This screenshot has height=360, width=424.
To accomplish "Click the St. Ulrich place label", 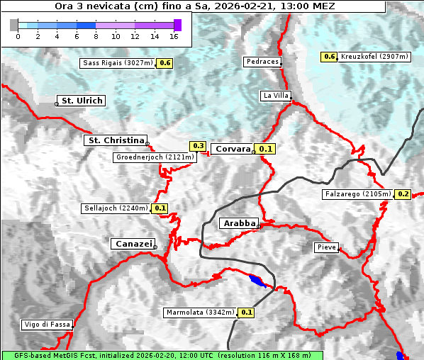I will coord(82,101).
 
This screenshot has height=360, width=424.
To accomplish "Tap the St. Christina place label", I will coord(116,140).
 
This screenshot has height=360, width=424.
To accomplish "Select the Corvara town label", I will coord(233,149).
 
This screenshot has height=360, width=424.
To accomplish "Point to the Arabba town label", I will coord(239,223).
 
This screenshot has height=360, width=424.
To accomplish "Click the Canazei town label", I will coord(132,243).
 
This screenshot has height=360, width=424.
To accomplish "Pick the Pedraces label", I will coord(262,62).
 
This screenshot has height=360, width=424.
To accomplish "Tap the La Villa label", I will coord(275,95).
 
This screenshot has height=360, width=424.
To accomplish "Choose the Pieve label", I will coord(327,247).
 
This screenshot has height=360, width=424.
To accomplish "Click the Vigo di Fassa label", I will coord(47,325).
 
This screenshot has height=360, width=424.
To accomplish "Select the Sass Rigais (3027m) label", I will coord(118,63).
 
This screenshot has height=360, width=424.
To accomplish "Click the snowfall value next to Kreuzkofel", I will coord(329,57).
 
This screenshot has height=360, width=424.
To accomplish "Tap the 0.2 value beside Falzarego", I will coord(403,193).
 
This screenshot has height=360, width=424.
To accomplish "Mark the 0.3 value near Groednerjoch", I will coord(199,146).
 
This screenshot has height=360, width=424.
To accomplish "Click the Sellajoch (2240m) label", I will coord(116,208).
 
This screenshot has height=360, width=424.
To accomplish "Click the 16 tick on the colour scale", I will coord(174,35).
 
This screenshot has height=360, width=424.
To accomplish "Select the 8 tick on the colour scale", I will coord(96,35).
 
